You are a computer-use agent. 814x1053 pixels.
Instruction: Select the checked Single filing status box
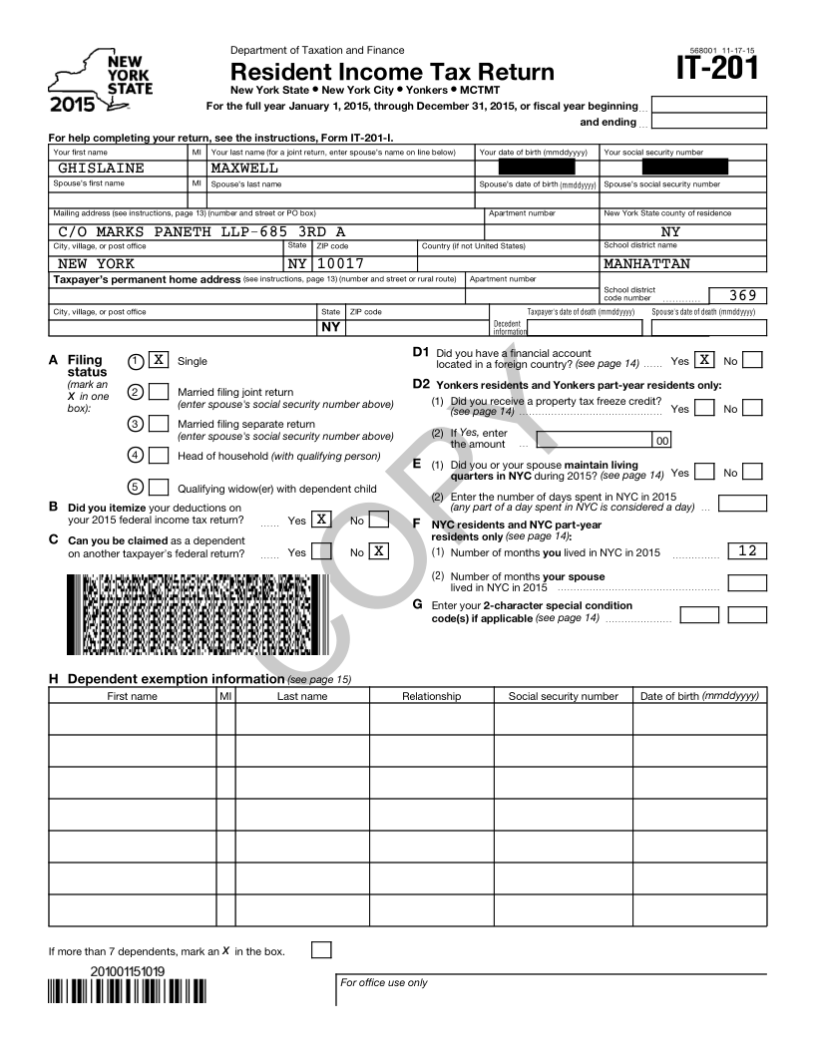[158, 360]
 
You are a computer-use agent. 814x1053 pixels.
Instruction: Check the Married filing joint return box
[158, 392]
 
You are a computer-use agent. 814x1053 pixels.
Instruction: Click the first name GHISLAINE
[101, 169]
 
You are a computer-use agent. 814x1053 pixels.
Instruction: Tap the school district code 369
[744, 295]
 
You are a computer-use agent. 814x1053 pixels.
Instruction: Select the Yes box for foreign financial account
[704, 360]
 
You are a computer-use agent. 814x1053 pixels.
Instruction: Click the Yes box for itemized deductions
[321, 519]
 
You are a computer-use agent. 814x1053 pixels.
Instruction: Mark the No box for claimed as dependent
[379, 550]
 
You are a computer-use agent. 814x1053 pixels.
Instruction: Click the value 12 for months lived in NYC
[747, 551]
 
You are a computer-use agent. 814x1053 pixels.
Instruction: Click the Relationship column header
[431, 696]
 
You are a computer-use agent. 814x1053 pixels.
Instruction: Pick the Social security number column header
[564, 696]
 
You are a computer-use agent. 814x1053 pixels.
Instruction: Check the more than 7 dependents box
[321, 949]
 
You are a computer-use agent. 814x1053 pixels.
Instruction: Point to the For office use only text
[384, 983]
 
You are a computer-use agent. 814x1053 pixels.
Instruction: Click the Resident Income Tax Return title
[392, 73]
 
